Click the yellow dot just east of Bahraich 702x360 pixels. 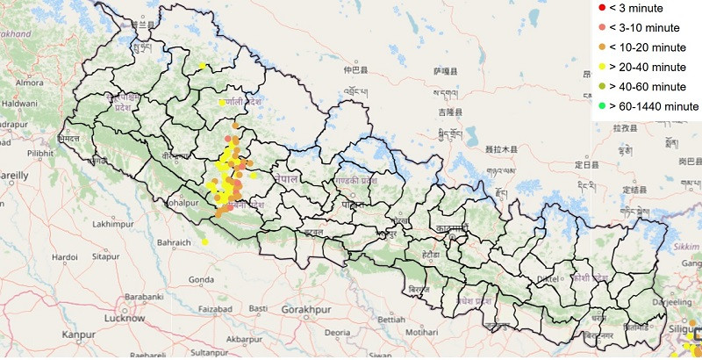(204, 242)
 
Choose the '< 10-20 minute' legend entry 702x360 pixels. (649, 47)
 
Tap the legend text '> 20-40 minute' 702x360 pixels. (649, 67)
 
